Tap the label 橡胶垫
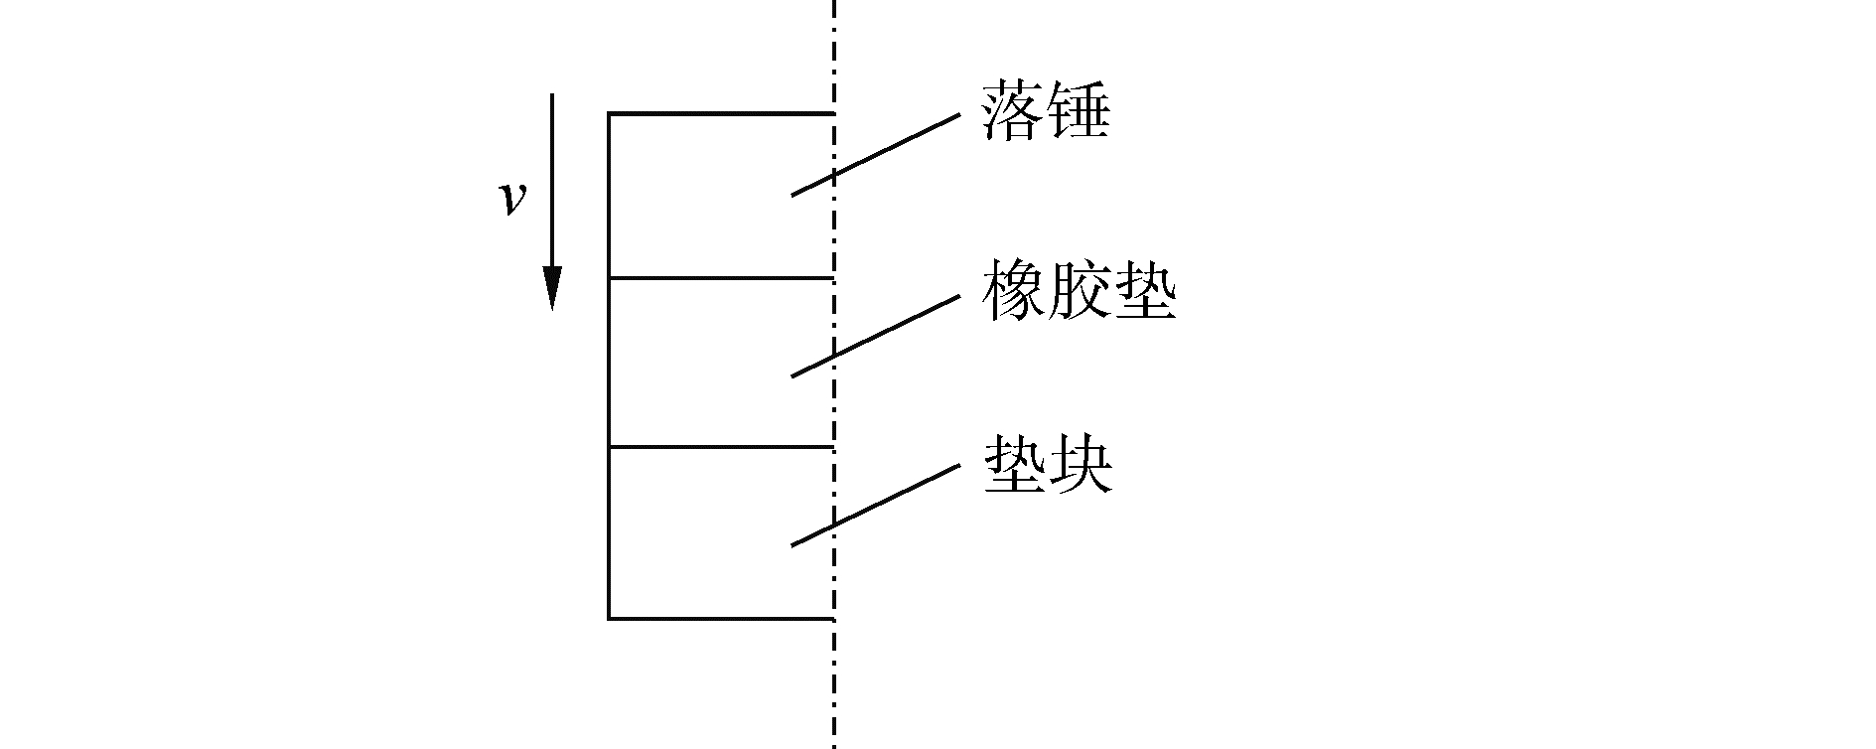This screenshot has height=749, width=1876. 1079,291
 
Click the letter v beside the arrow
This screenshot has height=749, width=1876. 511,199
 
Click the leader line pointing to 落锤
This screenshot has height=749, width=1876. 874,155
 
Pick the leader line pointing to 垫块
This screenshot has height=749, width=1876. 874,505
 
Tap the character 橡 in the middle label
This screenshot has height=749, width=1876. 1013,291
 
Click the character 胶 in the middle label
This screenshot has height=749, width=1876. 1079,291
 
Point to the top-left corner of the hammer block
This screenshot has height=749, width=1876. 609,114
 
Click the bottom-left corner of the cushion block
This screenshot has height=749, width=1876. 609,619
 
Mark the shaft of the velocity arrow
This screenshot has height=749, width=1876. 552,179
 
